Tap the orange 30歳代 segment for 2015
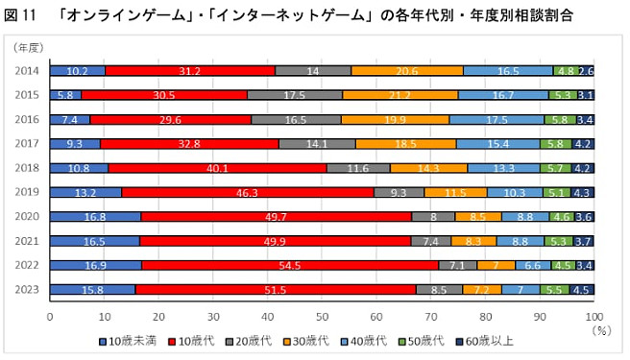(x=400, y=95)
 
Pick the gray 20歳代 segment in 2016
(x=296, y=119)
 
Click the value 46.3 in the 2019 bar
(x=248, y=192)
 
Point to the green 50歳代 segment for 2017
(x=556, y=143)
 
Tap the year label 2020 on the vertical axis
(x=28, y=217)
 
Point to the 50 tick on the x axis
(x=322, y=315)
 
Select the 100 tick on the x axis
(x=594, y=315)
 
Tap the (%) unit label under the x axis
(x=602, y=328)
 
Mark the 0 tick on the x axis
(x=50, y=315)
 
